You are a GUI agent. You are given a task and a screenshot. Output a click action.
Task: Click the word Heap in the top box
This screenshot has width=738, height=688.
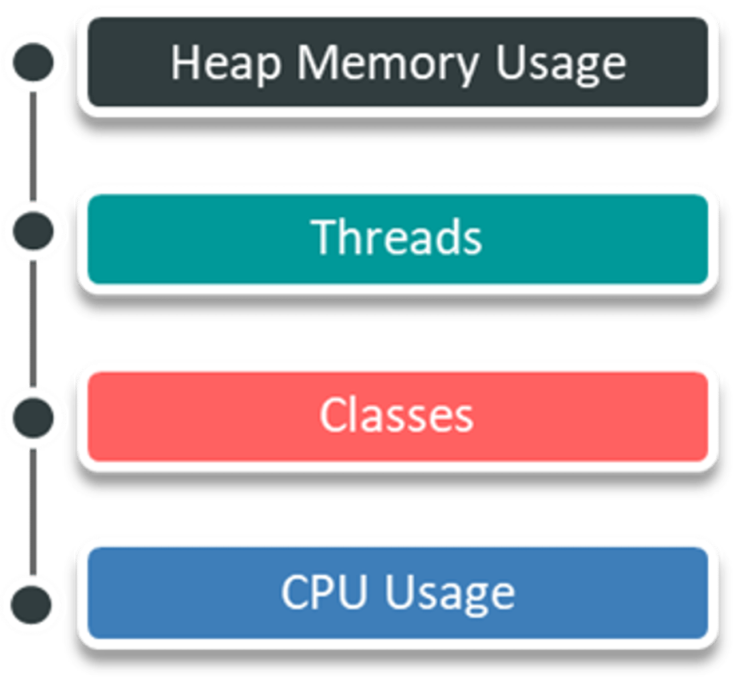(x=225, y=63)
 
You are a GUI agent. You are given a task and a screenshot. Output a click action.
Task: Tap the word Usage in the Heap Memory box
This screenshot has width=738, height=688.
(x=561, y=63)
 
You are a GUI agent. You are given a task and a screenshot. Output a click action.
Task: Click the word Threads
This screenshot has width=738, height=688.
(x=398, y=237)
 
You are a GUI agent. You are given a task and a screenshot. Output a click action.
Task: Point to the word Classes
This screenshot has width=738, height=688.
(x=396, y=415)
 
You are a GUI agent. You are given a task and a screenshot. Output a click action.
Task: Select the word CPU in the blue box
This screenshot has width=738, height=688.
(x=324, y=591)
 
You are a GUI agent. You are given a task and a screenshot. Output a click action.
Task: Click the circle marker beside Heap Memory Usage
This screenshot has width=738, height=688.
(x=33, y=62)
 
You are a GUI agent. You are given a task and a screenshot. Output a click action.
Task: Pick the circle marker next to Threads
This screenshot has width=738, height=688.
(x=33, y=232)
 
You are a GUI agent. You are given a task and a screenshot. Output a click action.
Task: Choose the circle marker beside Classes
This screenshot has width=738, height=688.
(x=33, y=416)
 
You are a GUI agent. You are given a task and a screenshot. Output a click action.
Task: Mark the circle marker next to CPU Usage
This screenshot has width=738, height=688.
(x=33, y=603)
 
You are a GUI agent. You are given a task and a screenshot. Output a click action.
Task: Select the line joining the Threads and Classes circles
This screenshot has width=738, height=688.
(x=34, y=324)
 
